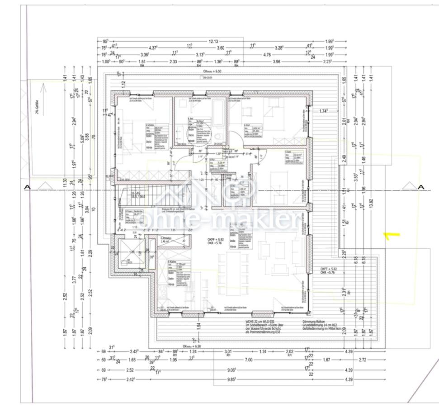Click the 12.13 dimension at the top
[x=213, y=42]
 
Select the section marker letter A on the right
[x=421, y=187]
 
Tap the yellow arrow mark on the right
[x=391, y=235]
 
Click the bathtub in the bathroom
[x=218, y=113]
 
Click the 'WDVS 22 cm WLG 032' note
[x=248, y=322]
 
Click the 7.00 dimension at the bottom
[x=248, y=360]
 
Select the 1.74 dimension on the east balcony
[x=323, y=111]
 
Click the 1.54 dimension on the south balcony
[x=198, y=326]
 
